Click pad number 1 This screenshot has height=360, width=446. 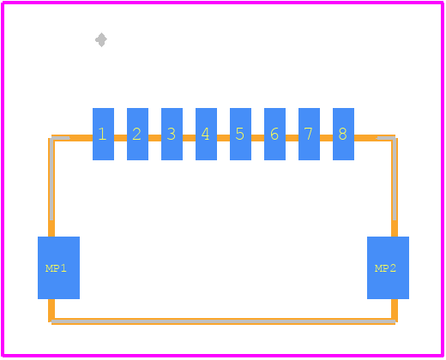(103, 134)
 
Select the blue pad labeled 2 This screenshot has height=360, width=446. (137, 134)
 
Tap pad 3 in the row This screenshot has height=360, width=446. (172, 134)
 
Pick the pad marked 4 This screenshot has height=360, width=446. (206, 134)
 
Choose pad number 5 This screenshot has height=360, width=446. (240, 134)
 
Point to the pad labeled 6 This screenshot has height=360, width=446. (274, 134)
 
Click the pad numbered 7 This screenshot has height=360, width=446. (309, 134)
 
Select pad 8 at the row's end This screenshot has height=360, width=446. (343, 134)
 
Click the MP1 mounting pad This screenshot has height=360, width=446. (58, 267)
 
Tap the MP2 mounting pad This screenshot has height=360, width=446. (388, 267)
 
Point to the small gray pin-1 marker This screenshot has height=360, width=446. (101, 39)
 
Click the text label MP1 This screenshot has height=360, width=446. (56, 268)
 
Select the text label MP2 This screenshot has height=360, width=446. (385, 268)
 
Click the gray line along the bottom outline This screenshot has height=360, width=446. (223, 321)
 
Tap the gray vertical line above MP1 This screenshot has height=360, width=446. (51, 179)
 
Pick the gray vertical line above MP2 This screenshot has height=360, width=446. (395, 179)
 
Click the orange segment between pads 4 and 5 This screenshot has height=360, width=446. (223, 138)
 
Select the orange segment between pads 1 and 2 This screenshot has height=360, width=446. (120, 138)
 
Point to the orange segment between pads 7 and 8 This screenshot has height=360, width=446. (326, 138)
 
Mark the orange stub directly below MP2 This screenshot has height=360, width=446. (395, 309)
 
